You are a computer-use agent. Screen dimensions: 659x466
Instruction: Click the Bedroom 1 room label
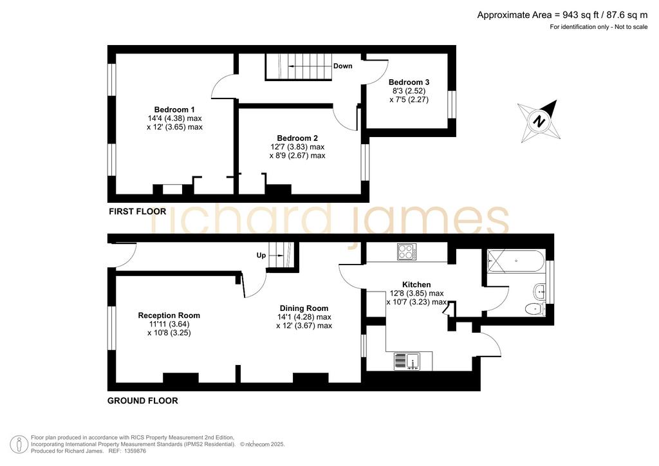pyautogui.click(x=174, y=109)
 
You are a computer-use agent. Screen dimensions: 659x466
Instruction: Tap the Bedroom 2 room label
pyautogui.click(x=297, y=138)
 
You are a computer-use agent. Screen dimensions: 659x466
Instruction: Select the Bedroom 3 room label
pyautogui.click(x=409, y=82)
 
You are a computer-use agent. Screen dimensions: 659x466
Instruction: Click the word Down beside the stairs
pyautogui.click(x=342, y=66)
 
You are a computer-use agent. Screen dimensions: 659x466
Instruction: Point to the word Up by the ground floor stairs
pyautogui.click(x=261, y=256)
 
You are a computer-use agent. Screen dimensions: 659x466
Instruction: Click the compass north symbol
pyautogui.click(x=539, y=122)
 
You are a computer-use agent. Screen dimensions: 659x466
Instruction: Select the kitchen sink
pyautogui.click(x=407, y=361)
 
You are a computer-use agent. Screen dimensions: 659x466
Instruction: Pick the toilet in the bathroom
pyautogui.click(x=535, y=309)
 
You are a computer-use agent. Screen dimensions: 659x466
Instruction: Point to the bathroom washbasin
pyautogui.click(x=539, y=291)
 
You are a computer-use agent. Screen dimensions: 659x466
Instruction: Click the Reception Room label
pyautogui.click(x=169, y=315)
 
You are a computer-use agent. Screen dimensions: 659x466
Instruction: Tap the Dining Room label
pyautogui.click(x=304, y=308)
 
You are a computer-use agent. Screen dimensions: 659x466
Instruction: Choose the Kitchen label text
pyautogui.click(x=416, y=284)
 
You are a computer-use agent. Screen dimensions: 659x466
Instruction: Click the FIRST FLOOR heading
pyautogui.click(x=138, y=211)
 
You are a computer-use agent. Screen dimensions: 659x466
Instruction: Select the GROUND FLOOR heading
pyautogui.click(x=142, y=401)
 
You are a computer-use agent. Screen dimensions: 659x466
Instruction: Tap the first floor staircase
pyautogui.click(x=299, y=66)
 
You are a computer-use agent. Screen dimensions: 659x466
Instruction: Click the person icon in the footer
pyautogui.click(x=19, y=444)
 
